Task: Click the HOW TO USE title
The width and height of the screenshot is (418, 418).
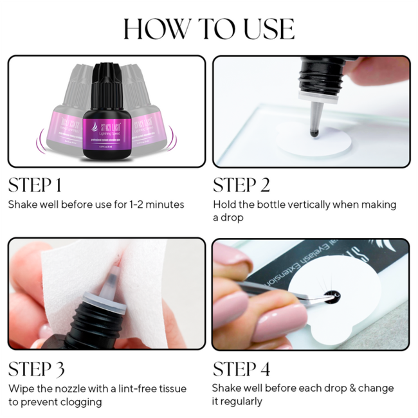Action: [x=209, y=29]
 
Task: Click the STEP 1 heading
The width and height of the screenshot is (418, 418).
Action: [x=35, y=185]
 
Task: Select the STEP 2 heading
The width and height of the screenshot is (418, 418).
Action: [x=241, y=185]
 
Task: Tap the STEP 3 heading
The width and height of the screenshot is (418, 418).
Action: [x=36, y=369]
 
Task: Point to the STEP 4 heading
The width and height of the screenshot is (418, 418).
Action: [x=242, y=369]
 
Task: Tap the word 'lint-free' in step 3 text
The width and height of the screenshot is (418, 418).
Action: [x=143, y=388]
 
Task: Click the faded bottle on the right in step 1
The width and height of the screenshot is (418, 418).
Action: [x=149, y=109]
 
